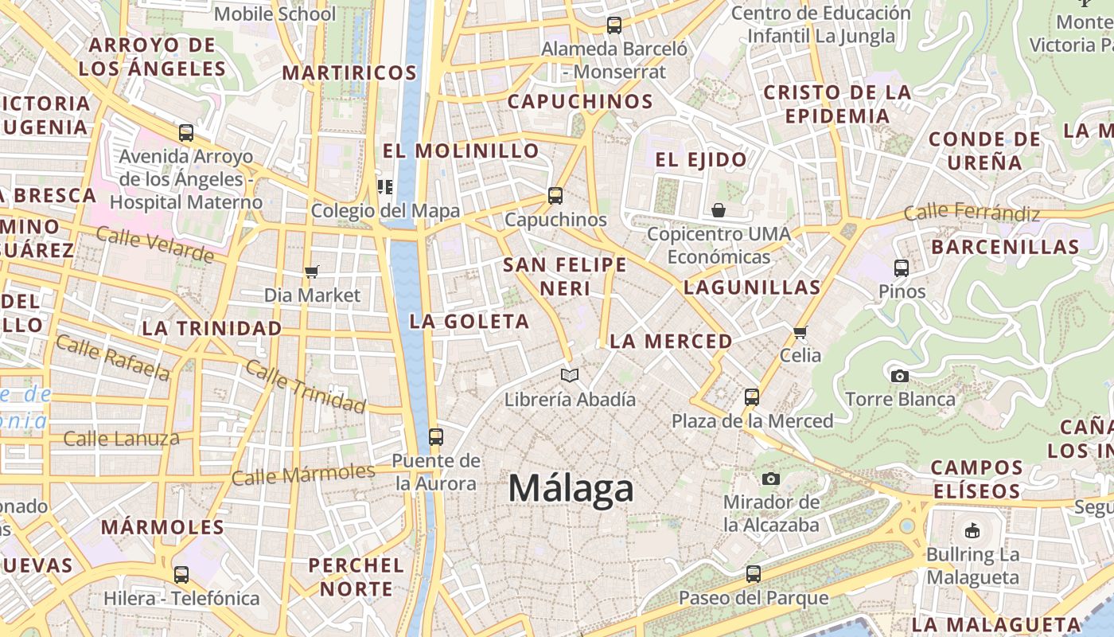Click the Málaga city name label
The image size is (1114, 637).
tap(571, 488)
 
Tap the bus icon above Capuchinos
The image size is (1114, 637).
tap(555, 195)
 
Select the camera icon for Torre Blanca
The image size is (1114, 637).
tap(900, 376)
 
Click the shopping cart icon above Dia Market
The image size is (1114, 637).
tap(312, 272)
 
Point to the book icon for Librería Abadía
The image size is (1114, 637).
tap(570, 375)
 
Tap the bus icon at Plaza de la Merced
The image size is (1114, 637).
tap(752, 397)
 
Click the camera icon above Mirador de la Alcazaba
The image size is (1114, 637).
tap(770, 479)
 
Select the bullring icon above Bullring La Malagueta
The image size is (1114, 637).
tap(972, 530)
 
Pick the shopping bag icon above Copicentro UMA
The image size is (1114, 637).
tap(719, 210)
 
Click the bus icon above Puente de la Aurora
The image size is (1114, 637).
tap(435, 436)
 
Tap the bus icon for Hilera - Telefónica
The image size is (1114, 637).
tap(181, 574)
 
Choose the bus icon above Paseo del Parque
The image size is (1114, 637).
tap(753, 573)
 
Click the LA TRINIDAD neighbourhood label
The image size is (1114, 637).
tap(212, 328)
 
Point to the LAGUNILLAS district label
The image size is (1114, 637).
tap(751, 287)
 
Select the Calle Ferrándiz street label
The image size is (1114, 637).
tap(972, 213)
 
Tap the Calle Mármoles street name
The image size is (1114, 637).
tap(303, 475)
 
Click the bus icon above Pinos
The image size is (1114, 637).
tap(902, 268)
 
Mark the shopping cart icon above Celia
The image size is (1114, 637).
tap(800, 332)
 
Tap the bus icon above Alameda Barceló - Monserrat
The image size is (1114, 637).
tap(614, 25)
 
